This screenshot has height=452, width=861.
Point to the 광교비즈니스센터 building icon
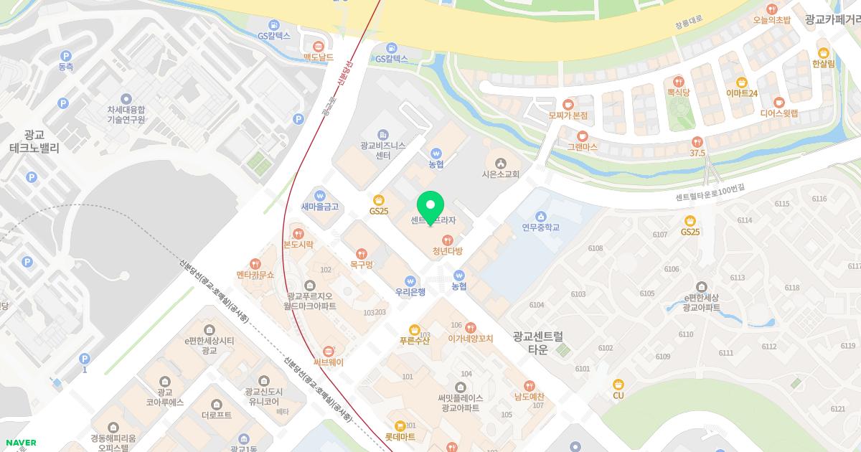coord(383,134)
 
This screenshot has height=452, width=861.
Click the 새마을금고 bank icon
coord(320,194)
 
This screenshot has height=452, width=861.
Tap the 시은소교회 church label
coord(500,174)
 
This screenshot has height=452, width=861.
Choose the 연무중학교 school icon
coord(541,216)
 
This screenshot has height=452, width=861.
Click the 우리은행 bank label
coord(410,292)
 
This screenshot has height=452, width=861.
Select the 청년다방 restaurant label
coord(448,252)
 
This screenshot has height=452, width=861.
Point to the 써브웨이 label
coord(329,362)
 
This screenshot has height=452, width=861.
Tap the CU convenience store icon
coord(618,384)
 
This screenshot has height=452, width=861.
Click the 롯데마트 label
coord(400,436)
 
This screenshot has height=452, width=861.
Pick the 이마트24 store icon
coord(742,82)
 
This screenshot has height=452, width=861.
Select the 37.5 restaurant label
coord(697,154)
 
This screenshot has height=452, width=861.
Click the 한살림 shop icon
coord(824,52)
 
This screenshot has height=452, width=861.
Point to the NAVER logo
coord(19,443)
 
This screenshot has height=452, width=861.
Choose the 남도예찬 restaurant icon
coord(530,385)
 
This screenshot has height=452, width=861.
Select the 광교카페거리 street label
coord(832,20)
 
